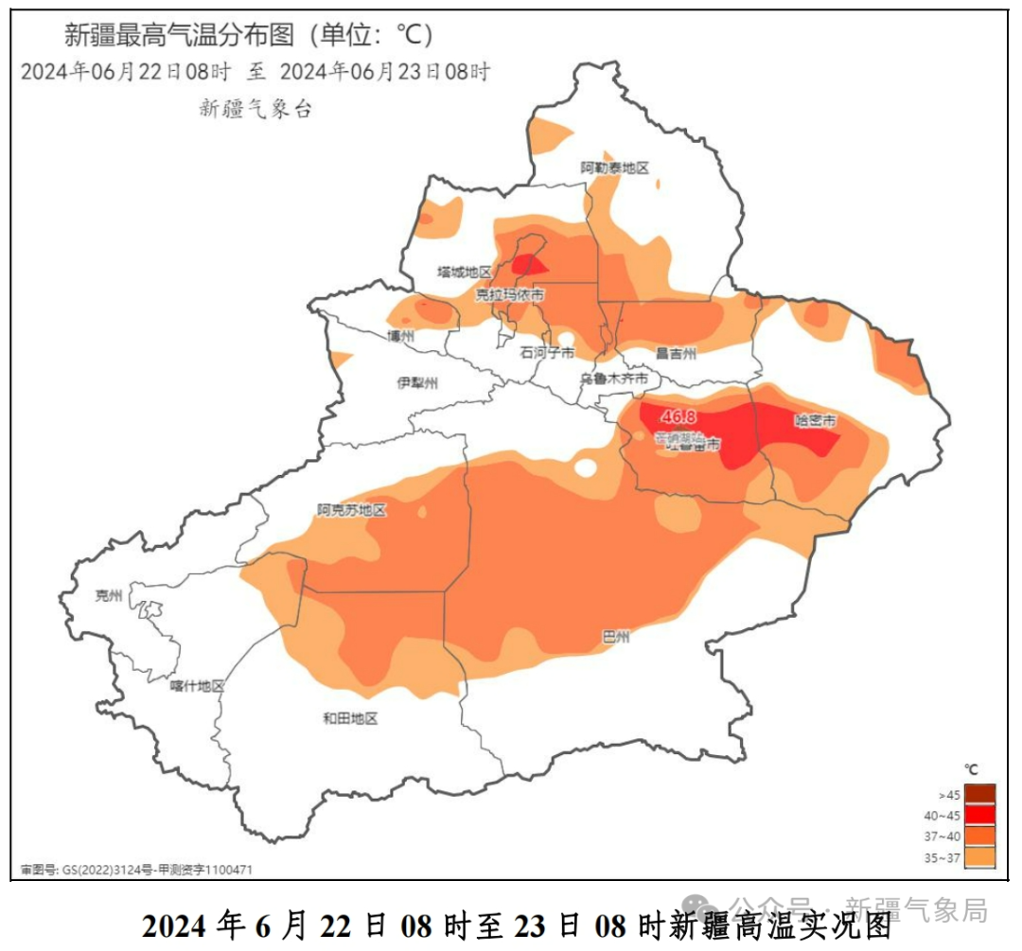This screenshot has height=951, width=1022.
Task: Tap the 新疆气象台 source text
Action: [x=255, y=109]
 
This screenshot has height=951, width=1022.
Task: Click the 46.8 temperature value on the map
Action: [x=678, y=416]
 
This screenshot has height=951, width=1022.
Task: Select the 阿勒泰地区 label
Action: [x=615, y=167]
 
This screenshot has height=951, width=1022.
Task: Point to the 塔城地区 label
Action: [x=464, y=272]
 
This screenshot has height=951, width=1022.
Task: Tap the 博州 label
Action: [x=401, y=337]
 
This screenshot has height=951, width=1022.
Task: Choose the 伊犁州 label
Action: [x=417, y=383]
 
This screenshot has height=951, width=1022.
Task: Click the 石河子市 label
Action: [x=547, y=352]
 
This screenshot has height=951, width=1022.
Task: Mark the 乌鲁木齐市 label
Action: [x=614, y=379]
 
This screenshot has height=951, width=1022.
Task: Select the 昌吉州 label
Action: [x=677, y=353]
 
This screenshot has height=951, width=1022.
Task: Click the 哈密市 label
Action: [x=816, y=421]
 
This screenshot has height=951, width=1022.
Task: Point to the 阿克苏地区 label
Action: [x=352, y=510]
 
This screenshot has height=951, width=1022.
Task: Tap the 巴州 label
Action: [x=616, y=637]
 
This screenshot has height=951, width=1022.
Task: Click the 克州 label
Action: [x=109, y=595]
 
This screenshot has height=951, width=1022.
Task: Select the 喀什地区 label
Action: [x=198, y=686]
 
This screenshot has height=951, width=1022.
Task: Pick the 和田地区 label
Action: [x=350, y=719]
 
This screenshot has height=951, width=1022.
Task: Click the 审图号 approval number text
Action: [x=136, y=869]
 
